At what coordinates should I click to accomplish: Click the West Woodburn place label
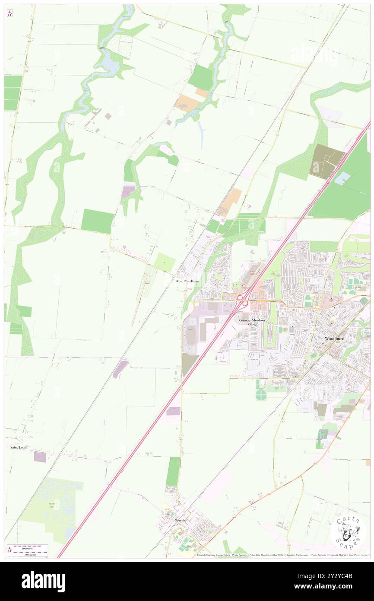click(187, 281)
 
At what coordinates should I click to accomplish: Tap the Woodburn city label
click(335, 338)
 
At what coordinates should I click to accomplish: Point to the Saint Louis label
click(19, 447)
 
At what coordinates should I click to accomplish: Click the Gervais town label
click(180, 520)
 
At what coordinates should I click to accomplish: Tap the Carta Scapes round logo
click(348, 531)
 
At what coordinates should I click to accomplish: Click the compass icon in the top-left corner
click(10, 14)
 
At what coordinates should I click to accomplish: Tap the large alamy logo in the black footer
click(43, 581)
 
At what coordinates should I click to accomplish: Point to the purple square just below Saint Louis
click(40, 457)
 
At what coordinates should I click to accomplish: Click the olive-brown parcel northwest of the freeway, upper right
click(325, 161)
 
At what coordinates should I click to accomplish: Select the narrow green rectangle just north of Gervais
click(173, 471)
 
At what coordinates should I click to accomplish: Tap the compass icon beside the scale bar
click(10, 550)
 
